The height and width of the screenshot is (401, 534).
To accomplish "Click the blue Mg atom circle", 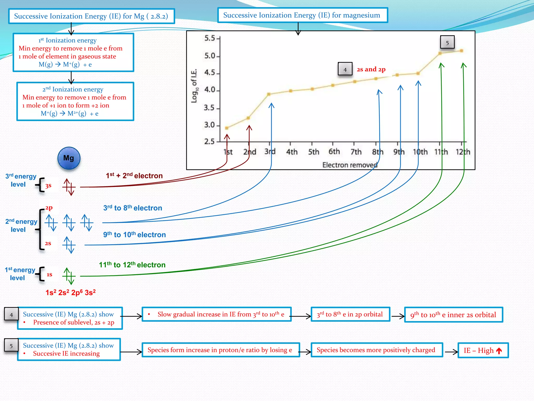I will click(x=69, y=158).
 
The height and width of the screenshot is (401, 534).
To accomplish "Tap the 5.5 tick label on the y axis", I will click(x=210, y=38).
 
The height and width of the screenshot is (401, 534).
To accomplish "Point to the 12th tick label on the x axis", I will click(x=463, y=152).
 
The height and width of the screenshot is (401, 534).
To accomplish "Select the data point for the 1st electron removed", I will click(x=227, y=128).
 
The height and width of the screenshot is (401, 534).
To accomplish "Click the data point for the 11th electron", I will click(x=440, y=53).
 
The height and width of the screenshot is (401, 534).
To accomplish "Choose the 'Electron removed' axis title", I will click(x=350, y=165).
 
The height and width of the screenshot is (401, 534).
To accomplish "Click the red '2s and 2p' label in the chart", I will click(x=371, y=69).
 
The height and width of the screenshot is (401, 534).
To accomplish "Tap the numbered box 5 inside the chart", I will click(x=447, y=43).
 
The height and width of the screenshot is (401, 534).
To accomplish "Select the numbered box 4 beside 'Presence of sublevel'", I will click(x=11, y=315).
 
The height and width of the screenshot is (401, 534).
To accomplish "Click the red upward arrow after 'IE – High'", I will click(x=499, y=351).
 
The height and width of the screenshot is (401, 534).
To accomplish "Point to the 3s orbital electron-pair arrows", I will click(x=69, y=187).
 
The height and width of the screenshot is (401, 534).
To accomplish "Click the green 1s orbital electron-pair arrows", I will click(x=69, y=276).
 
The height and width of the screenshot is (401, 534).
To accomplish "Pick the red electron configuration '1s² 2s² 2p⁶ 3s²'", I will click(x=70, y=292).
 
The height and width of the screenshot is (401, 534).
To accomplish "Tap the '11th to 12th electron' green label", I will click(x=132, y=265).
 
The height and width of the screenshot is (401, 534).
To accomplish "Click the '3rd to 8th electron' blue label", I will click(x=133, y=208).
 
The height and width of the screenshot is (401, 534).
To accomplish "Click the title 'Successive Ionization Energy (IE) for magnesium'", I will click(x=302, y=15).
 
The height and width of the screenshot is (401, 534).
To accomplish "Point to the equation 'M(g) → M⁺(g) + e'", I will click(x=65, y=64).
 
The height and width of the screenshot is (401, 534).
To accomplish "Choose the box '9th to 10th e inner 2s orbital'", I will click(x=453, y=315).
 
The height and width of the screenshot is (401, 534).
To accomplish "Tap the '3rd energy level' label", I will click(x=21, y=180).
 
